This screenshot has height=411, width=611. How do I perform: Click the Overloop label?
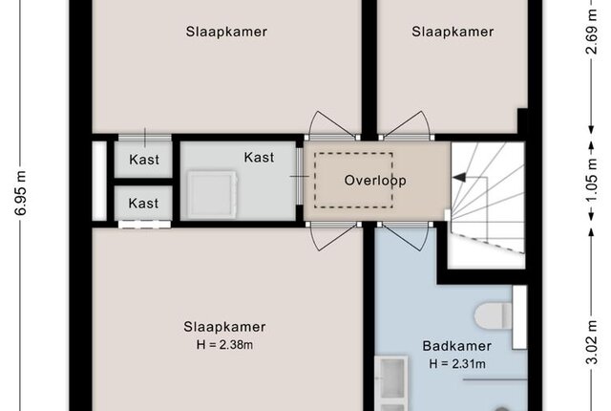pos(375,180)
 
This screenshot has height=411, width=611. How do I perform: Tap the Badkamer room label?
pos(456,346)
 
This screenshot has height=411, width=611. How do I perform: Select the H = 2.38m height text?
pos(224,345)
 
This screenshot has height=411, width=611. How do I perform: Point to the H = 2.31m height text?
pos(457,364)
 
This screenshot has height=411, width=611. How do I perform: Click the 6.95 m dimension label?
pos(21,193)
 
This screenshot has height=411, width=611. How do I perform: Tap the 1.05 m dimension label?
pos(592,181)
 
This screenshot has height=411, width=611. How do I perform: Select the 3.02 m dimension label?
pos(592,342)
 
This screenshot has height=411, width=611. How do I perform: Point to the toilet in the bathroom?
pos(493,315)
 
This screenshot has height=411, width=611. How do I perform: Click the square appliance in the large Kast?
pos(212,194)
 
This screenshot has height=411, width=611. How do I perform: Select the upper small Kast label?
pos(144,160)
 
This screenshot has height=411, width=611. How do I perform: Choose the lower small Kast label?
pos(143,204)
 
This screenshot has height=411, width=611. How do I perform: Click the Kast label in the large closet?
pos(259,157)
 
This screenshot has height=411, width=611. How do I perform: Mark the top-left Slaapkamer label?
pos(226,32)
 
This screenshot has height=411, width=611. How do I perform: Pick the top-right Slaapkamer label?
pos(453,32)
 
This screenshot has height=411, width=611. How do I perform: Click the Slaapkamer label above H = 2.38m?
pos(224,327)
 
